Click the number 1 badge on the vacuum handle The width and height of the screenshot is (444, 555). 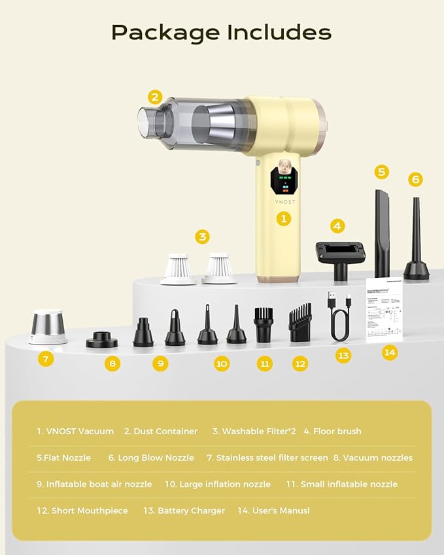283,218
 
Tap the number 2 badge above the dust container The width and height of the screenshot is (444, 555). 154,97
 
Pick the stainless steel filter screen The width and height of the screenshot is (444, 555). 48,326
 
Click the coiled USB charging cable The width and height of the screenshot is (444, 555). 340,318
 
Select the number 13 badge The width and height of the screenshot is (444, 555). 343,355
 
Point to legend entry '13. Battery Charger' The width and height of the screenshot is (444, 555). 184,511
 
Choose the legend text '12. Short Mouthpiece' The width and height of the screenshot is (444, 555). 82,511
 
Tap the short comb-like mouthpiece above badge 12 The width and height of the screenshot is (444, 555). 300,325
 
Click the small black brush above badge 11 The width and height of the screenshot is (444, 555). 264,325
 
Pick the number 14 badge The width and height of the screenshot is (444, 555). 390,352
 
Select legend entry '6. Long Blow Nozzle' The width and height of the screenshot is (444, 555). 151,458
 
